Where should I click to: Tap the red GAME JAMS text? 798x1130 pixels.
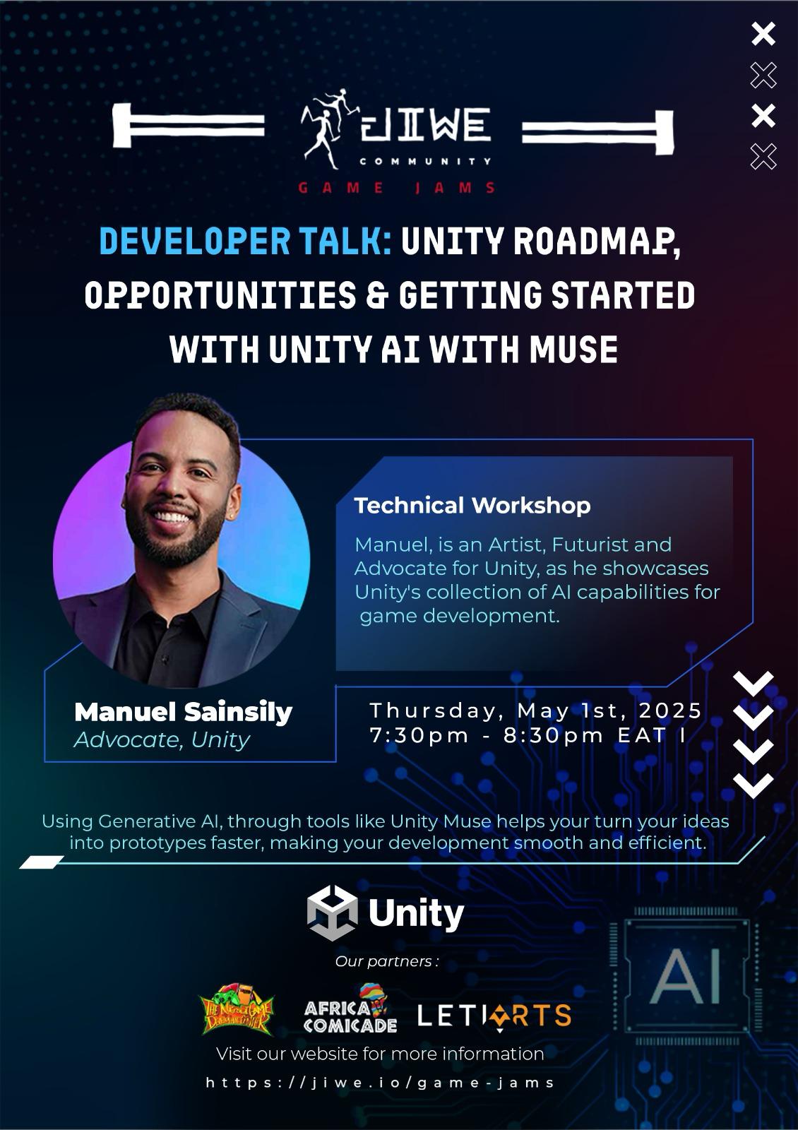tap(396, 188)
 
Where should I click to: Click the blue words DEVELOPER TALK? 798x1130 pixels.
tap(245, 241)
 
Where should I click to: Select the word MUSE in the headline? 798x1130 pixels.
tap(573, 349)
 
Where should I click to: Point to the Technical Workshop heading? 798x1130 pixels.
tap(472, 506)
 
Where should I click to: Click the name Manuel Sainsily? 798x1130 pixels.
tap(183, 712)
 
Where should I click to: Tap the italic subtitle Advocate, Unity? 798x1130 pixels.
tap(162, 740)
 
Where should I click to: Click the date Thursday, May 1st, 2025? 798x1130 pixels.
tap(536, 710)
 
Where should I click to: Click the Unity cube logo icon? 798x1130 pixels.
tap(332, 913)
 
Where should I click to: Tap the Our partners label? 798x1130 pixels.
tap(386, 961)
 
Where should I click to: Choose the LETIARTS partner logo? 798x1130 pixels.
tap(494, 1016)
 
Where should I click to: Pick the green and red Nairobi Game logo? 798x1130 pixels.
tap(237, 1009)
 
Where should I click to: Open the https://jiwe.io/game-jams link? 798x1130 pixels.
tap(380, 1083)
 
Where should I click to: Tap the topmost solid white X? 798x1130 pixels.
tap(763, 34)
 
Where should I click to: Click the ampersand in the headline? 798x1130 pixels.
tap(378, 295)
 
